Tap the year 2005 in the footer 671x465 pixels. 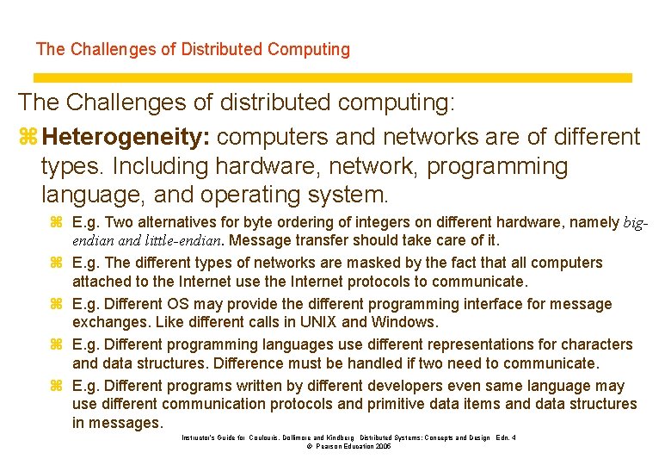click(379, 448)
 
